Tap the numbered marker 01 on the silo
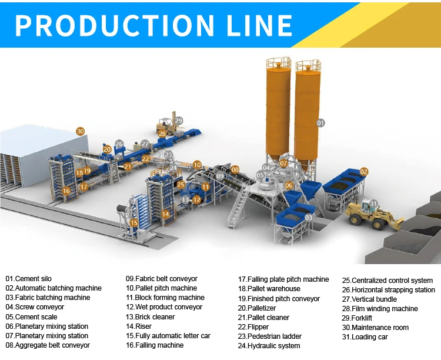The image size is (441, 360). (x=320, y=123)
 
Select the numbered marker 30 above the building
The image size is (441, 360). (x=81, y=131)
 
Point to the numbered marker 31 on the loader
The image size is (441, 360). (x=373, y=204)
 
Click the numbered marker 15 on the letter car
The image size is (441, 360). (x=134, y=223)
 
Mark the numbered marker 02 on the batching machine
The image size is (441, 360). (x=364, y=172)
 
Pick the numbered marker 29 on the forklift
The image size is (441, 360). (x=178, y=121)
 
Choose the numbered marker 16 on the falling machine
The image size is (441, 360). (x=66, y=191)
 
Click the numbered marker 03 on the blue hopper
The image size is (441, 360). (x=308, y=218)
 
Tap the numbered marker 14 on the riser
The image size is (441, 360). (x=165, y=214)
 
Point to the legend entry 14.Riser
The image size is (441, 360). (x=140, y=326)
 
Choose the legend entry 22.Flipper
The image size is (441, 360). (x=253, y=327)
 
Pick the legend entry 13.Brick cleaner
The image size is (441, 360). (x=151, y=317)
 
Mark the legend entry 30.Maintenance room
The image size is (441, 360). (x=375, y=328)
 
